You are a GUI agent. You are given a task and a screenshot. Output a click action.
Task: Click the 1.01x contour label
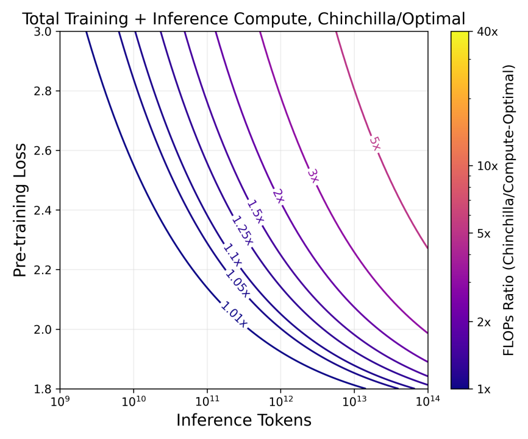(234, 314)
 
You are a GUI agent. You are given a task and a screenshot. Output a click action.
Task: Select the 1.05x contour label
(237, 284)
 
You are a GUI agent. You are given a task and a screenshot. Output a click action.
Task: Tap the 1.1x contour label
(232, 255)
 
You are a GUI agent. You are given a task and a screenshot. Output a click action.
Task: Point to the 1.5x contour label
(255, 211)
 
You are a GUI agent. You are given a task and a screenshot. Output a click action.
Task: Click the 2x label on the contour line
(277, 196)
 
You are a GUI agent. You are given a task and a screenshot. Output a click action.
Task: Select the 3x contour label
(313, 175)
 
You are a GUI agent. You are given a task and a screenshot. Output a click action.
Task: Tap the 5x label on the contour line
(374, 143)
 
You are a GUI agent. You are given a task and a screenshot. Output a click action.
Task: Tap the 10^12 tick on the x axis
(280, 402)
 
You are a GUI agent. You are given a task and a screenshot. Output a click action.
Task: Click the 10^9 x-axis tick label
(60, 402)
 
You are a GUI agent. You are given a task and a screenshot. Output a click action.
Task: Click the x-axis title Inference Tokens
(244, 421)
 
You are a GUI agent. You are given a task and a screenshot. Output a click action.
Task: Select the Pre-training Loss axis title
(20, 210)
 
